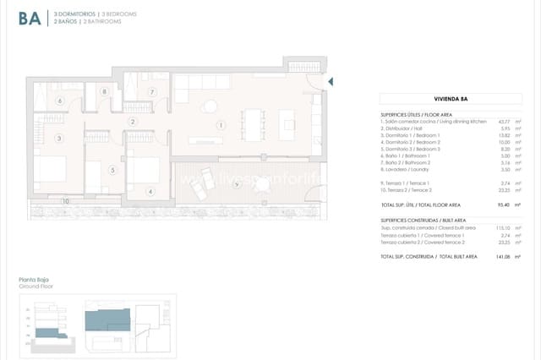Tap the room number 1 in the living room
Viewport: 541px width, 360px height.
coord(220,126)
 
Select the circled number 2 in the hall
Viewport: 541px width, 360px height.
coord(133,122)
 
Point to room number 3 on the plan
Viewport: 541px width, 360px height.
coord(59,138)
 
